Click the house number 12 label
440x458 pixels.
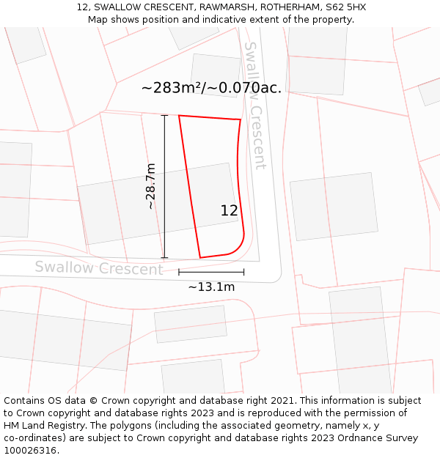(229, 210)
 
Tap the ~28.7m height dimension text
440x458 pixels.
(150, 186)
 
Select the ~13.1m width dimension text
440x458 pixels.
(211, 287)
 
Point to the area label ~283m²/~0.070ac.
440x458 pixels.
(211, 88)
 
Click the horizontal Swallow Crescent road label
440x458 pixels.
(99, 267)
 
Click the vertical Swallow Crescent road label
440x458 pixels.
(254, 106)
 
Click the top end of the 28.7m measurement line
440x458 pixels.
(164, 115)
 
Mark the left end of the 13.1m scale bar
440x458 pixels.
(179, 272)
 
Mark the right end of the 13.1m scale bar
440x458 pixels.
(244, 272)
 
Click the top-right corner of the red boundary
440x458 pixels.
(241, 119)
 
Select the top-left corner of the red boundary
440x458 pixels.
(179, 115)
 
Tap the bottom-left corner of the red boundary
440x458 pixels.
(200, 258)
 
